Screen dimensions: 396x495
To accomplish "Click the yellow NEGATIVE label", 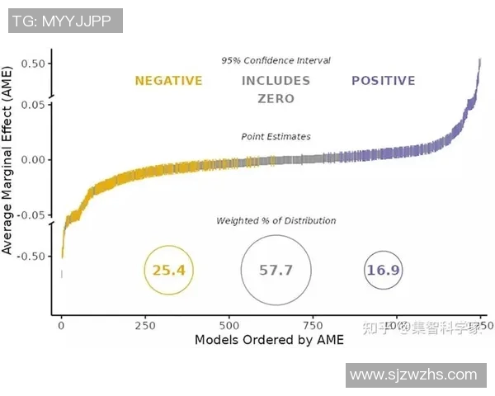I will (168, 81).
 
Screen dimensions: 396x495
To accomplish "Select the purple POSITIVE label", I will (383, 81).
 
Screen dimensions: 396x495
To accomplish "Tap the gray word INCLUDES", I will (276, 81).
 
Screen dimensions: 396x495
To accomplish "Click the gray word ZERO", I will (276, 99).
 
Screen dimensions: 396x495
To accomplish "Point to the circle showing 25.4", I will (168, 270).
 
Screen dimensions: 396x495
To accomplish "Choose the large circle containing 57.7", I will (276, 270).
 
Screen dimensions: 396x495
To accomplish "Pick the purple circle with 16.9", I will (383, 270).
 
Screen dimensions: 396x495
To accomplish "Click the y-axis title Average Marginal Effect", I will (9, 161).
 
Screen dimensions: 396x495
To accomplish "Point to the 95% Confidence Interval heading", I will (276, 60).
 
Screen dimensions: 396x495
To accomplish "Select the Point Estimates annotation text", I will (276, 136).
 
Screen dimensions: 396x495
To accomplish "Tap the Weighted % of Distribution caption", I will (276, 220).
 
